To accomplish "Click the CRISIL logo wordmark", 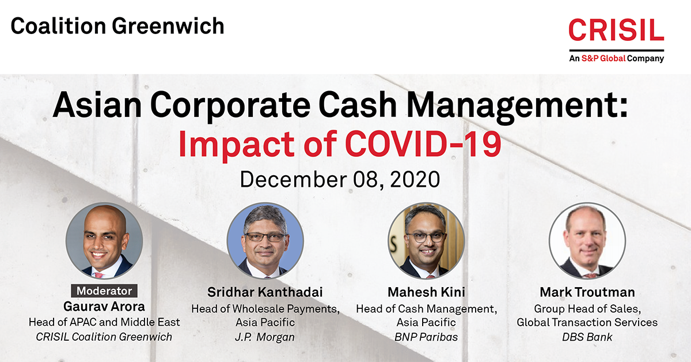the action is (616, 29).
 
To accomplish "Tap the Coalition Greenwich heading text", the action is (117, 26).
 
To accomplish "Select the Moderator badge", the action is (104, 291).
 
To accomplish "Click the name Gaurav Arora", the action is (104, 307).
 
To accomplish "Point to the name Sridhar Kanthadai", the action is (265, 292).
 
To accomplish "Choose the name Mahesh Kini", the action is (426, 292).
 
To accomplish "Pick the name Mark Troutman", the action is (587, 292).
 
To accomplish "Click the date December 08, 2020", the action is (340, 179).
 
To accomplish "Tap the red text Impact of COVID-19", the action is (340, 144).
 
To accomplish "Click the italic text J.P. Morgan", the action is (265, 337).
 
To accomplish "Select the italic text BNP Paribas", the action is (426, 337).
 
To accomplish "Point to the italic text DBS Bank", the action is (587, 337).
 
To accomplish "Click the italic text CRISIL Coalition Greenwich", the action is (104, 337).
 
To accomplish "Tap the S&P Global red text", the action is (603, 58).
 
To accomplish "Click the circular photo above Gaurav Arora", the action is (104, 241).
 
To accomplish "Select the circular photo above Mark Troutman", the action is (587, 241).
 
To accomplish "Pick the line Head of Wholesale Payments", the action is (265, 308).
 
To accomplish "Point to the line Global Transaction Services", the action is (587, 322).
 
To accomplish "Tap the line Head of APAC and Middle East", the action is (104, 322).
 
